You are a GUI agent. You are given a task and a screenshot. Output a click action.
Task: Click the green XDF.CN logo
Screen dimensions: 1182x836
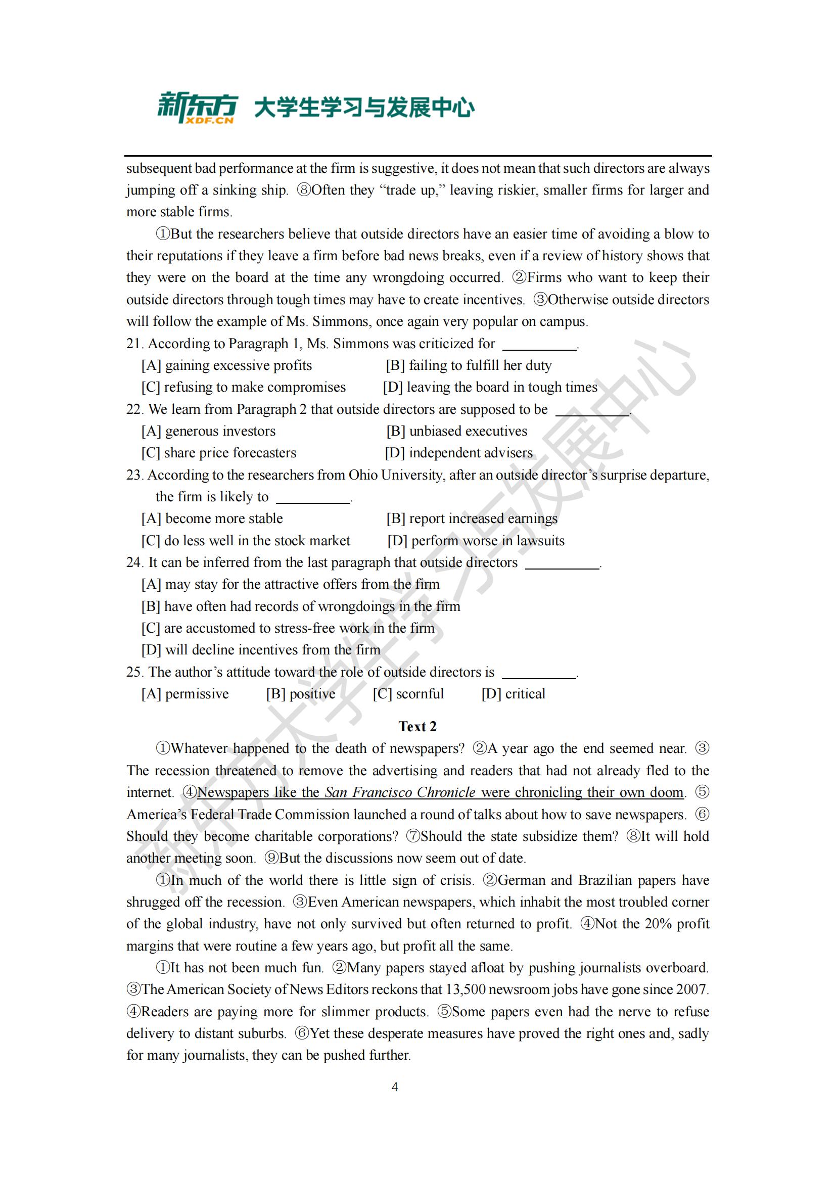(x=197, y=108)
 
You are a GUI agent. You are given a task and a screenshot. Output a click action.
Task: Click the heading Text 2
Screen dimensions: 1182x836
(x=417, y=726)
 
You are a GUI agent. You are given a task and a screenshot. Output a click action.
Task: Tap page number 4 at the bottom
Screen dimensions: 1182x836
(x=395, y=1087)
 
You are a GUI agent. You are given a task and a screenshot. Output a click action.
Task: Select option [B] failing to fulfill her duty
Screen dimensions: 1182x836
(x=469, y=365)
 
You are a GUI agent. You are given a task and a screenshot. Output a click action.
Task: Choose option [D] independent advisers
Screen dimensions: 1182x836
(x=458, y=453)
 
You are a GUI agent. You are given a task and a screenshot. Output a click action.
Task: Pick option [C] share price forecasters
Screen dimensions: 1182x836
(x=219, y=453)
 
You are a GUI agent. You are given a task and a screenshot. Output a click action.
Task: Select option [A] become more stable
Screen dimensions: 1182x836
(x=212, y=518)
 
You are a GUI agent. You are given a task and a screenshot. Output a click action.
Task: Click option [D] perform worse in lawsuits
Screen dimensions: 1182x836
(x=476, y=541)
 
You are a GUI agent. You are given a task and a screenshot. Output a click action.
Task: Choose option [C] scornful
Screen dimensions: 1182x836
(x=408, y=694)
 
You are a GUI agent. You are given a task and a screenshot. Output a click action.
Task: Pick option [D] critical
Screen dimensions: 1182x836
(x=513, y=694)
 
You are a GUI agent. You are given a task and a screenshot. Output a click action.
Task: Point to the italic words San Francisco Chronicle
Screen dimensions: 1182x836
(x=400, y=792)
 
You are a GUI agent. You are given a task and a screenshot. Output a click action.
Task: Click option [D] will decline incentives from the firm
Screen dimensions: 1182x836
(x=261, y=650)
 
